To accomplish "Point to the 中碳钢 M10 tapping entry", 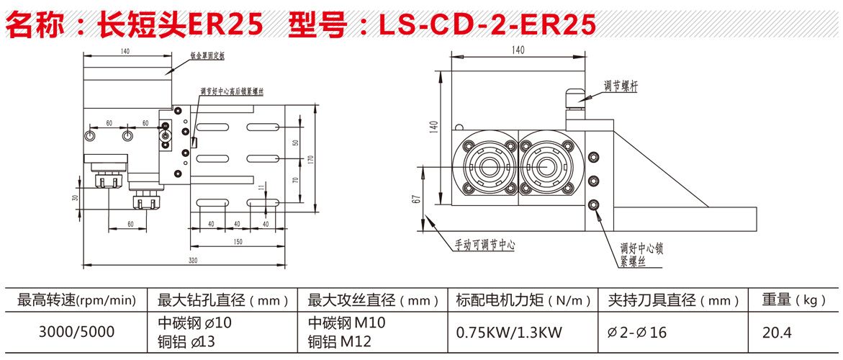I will click(x=346, y=323).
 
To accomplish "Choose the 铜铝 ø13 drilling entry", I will click(x=186, y=341).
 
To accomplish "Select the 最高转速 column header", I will click(x=76, y=300).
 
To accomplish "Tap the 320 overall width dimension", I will click(x=193, y=261).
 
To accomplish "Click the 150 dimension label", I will click(x=237, y=243).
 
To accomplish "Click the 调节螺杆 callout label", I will click(x=621, y=85).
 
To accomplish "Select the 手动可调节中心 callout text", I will click(x=485, y=246).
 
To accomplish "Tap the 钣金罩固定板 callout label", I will click(x=207, y=55).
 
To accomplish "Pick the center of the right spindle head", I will click(x=546, y=166).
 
